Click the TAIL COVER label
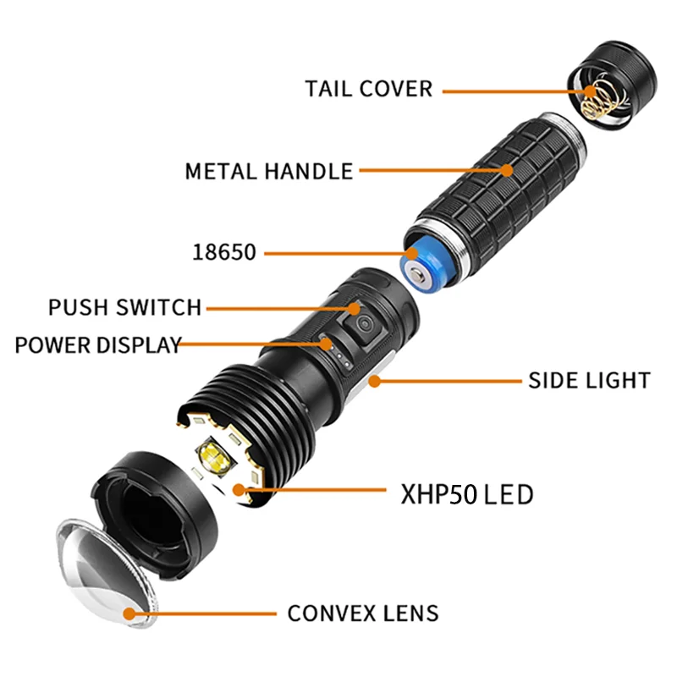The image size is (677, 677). [x=369, y=88]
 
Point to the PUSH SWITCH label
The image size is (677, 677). [x=125, y=306]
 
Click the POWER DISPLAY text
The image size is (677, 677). [x=98, y=344]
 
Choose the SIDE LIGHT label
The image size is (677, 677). [x=589, y=380]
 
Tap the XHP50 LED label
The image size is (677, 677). [x=466, y=493]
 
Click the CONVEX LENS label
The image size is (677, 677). [x=363, y=613]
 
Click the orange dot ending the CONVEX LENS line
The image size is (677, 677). [x=129, y=614]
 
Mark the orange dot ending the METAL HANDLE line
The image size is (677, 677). [x=506, y=170]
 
